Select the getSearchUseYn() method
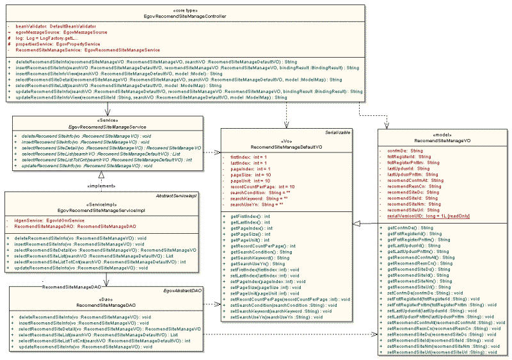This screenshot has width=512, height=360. point(249,263)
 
